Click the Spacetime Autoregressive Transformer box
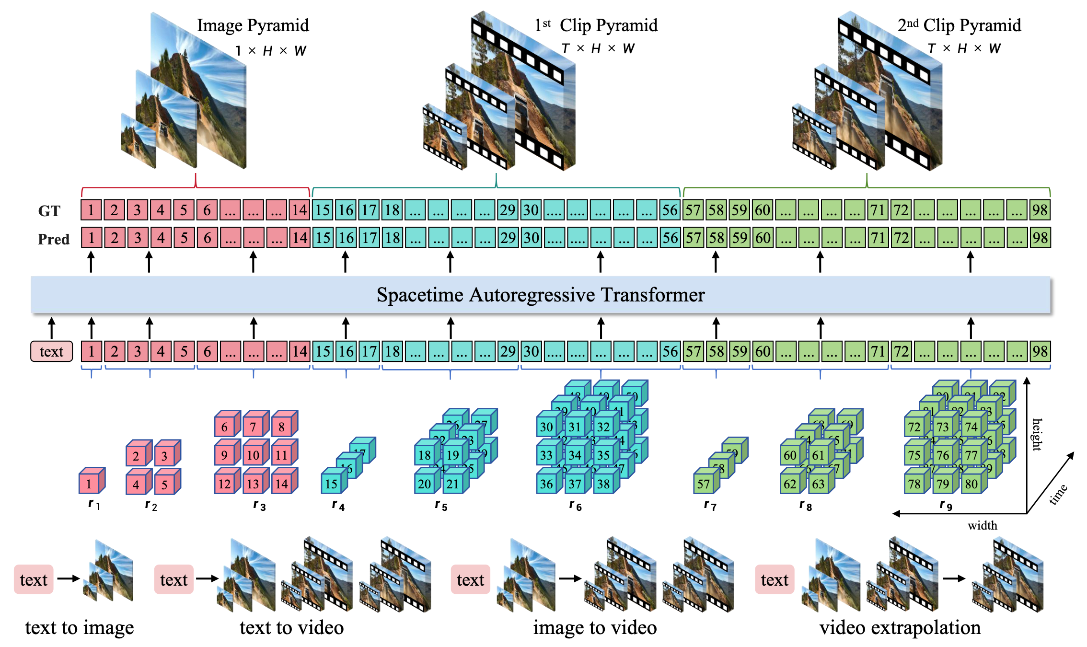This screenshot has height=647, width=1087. point(541,294)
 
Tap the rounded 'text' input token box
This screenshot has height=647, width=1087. point(51,351)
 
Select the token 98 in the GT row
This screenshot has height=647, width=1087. point(1040,210)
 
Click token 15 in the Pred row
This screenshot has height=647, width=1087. point(323,238)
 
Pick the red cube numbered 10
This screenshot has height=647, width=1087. point(253,455)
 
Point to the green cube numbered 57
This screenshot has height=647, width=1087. point(704,484)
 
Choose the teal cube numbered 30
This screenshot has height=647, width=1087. point(546,427)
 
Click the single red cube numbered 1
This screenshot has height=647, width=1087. point(89,484)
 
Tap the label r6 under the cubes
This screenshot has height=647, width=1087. point(575,505)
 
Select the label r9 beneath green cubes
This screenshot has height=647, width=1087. point(946,505)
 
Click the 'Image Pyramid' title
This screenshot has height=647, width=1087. point(253,25)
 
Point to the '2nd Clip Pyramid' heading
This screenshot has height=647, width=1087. point(959,25)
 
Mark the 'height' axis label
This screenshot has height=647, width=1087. point(1037,434)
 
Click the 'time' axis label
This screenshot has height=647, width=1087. point(1058,494)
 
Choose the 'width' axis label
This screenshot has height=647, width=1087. point(982,526)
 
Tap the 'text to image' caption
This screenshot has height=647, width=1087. point(80,627)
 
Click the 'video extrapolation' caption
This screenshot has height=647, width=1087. point(900,627)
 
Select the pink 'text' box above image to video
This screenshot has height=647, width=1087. point(470,580)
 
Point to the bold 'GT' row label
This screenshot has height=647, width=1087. point(49,211)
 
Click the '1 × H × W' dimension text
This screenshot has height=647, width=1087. point(270,51)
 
